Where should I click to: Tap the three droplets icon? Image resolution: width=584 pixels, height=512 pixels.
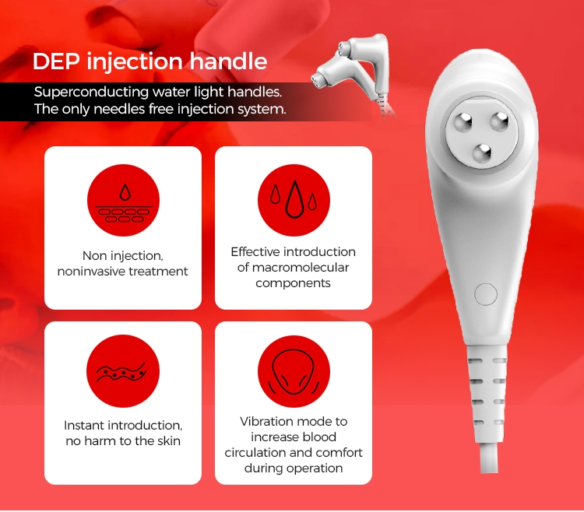tap(294, 201)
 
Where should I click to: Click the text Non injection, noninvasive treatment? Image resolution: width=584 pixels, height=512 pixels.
tap(123, 263)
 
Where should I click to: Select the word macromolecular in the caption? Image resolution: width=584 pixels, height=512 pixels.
tap(294, 268)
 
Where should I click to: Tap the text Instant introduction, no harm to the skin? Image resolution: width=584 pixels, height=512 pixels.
tap(123, 433)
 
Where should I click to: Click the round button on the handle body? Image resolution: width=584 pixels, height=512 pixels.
tap(485, 294)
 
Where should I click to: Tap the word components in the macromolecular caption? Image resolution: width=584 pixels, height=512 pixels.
tap(294, 283)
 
